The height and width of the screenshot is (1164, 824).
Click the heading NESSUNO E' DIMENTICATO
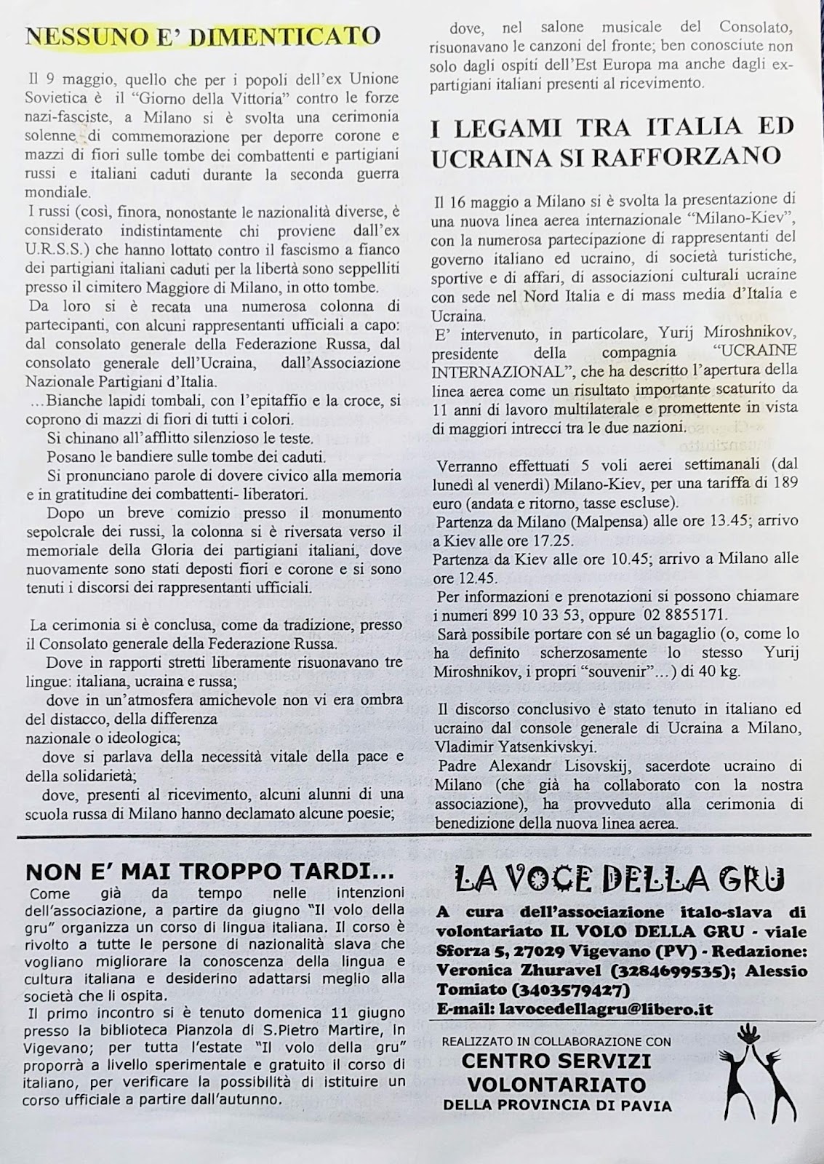point(203,36)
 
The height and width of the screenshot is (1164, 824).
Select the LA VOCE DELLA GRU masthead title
point(619,880)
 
